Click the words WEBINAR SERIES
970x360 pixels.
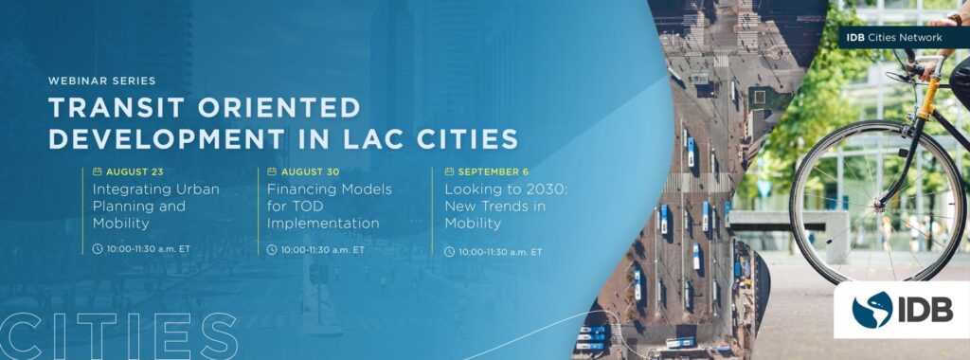point(101,81)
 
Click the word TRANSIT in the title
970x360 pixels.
point(117,108)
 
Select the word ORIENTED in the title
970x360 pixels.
point(279,108)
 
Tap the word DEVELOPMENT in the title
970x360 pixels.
point(167,138)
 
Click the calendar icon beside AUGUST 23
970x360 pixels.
point(98,171)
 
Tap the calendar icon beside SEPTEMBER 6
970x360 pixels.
point(449,171)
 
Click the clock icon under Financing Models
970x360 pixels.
point(272,250)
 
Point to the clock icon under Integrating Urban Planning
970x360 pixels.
point(98,248)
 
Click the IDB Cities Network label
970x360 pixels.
point(894,37)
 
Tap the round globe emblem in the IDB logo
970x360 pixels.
point(872,310)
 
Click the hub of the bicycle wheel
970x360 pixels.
point(877,203)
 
